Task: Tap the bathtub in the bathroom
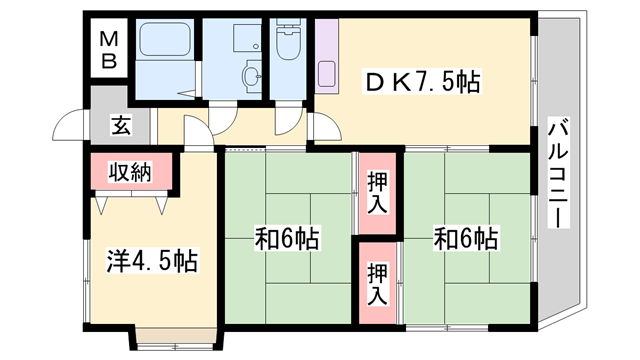click(166, 41)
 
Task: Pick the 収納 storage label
click(131, 170)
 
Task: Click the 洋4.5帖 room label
click(151, 262)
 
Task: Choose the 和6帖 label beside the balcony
click(466, 239)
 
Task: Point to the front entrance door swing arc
click(69, 126)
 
